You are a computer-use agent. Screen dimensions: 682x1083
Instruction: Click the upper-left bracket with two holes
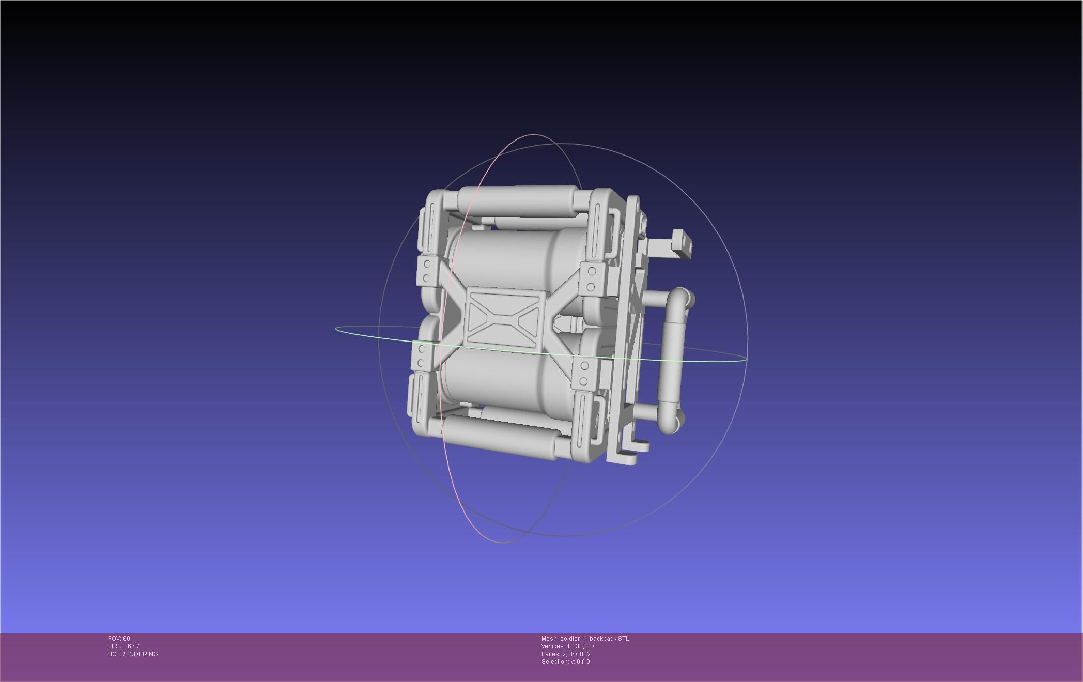pos(427,271)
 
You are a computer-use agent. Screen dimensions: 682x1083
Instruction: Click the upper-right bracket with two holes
pos(592,279)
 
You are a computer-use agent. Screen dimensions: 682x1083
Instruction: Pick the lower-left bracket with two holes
pos(422,357)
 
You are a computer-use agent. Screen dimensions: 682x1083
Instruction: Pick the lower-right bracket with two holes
pos(584,374)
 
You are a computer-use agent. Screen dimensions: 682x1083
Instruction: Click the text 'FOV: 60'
pos(119,639)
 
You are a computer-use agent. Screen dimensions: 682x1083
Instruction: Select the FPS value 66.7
pos(133,646)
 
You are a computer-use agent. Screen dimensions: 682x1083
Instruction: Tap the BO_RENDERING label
pos(133,654)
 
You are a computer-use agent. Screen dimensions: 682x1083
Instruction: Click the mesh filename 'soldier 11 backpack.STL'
pos(594,639)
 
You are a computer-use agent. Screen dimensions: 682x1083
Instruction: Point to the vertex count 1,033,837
pos(580,646)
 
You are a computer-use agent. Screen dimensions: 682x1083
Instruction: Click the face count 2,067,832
pos(576,654)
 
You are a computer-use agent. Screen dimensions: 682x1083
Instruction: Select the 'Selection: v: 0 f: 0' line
pos(565,662)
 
